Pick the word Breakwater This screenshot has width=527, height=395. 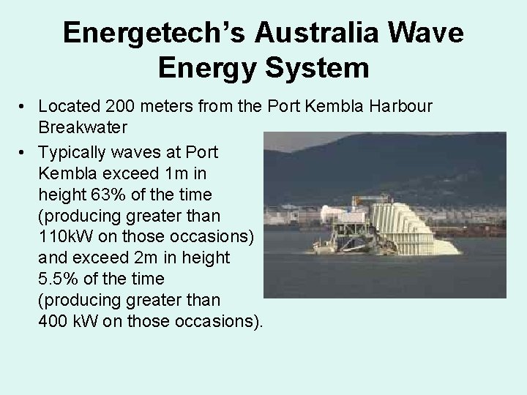(x=84, y=127)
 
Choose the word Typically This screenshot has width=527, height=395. (x=74, y=152)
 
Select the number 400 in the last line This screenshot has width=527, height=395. (x=54, y=322)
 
